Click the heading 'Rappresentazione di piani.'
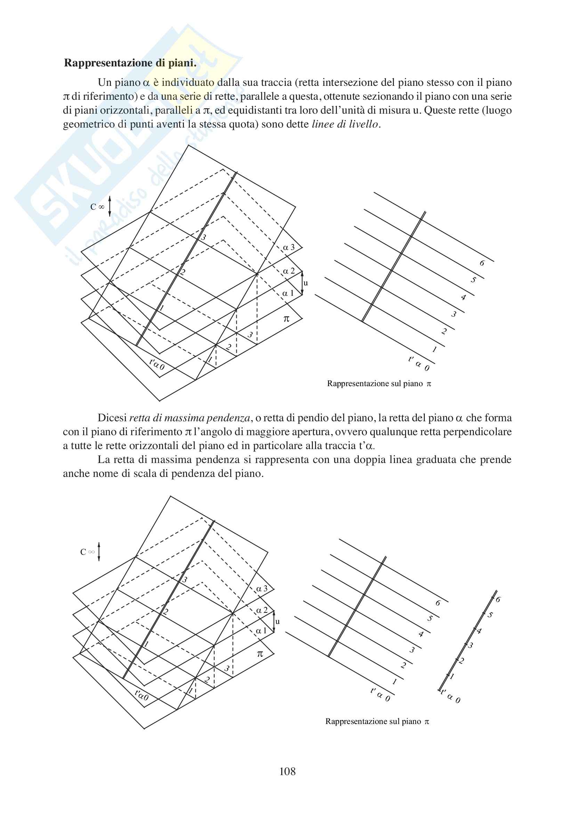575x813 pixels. [x=130, y=63]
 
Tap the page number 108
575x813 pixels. [x=287, y=771]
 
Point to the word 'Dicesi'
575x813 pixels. [x=112, y=418]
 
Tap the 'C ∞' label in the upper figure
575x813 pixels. [x=97, y=207]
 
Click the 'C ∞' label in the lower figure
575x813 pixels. [x=88, y=552]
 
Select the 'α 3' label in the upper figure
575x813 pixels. [x=289, y=247]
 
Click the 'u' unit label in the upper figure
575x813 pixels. [x=306, y=283]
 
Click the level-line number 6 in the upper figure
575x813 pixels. [x=482, y=263]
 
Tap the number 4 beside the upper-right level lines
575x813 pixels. [x=463, y=298]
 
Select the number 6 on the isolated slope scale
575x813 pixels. [x=498, y=600]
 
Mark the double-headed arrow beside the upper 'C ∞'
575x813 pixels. [x=110, y=206]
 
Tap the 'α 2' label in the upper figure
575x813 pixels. [x=289, y=271]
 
